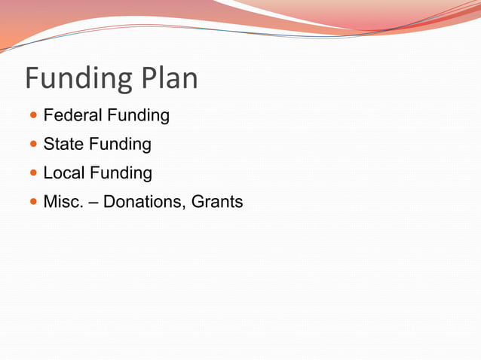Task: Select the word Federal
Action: click(x=72, y=115)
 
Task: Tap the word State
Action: click(x=63, y=144)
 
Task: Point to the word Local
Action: click(x=64, y=172)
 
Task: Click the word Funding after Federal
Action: click(x=138, y=116)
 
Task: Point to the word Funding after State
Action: click(x=120, y=145)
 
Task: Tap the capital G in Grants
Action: click(x=198, y=201)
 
